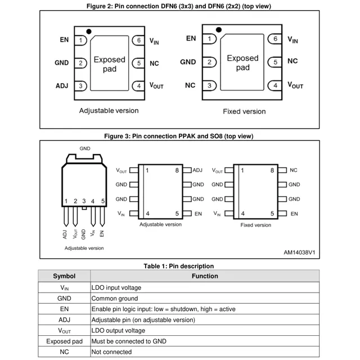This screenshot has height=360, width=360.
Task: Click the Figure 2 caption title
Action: [180, 5]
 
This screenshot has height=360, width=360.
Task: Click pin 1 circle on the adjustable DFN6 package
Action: [82, 40]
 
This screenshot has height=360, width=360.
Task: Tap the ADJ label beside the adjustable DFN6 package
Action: [62, 86]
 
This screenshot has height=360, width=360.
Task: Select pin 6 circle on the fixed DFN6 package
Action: [274, 39]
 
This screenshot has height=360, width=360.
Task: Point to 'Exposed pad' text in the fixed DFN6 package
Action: [242, 62]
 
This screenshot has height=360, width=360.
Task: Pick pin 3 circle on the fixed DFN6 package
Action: [209, 85]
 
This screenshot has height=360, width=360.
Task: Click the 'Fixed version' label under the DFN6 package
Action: [244, 111]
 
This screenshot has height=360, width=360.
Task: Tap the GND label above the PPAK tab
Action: [85, 148]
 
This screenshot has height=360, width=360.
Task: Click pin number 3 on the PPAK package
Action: [84, 201]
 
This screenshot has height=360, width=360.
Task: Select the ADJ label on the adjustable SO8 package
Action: [197, 170]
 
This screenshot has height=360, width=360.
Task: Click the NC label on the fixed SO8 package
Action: [293, 170]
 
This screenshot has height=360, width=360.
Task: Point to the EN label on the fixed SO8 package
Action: [292, 214]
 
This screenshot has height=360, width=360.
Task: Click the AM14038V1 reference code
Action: [299, 253]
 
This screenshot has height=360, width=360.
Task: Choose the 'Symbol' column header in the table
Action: [64, 276]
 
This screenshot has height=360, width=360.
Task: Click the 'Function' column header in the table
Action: [205, 276]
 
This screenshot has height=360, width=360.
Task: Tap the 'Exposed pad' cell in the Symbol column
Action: [64, 341]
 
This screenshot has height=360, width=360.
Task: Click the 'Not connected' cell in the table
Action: [111, 352]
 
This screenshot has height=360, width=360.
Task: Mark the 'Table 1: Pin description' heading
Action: [179, 266]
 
